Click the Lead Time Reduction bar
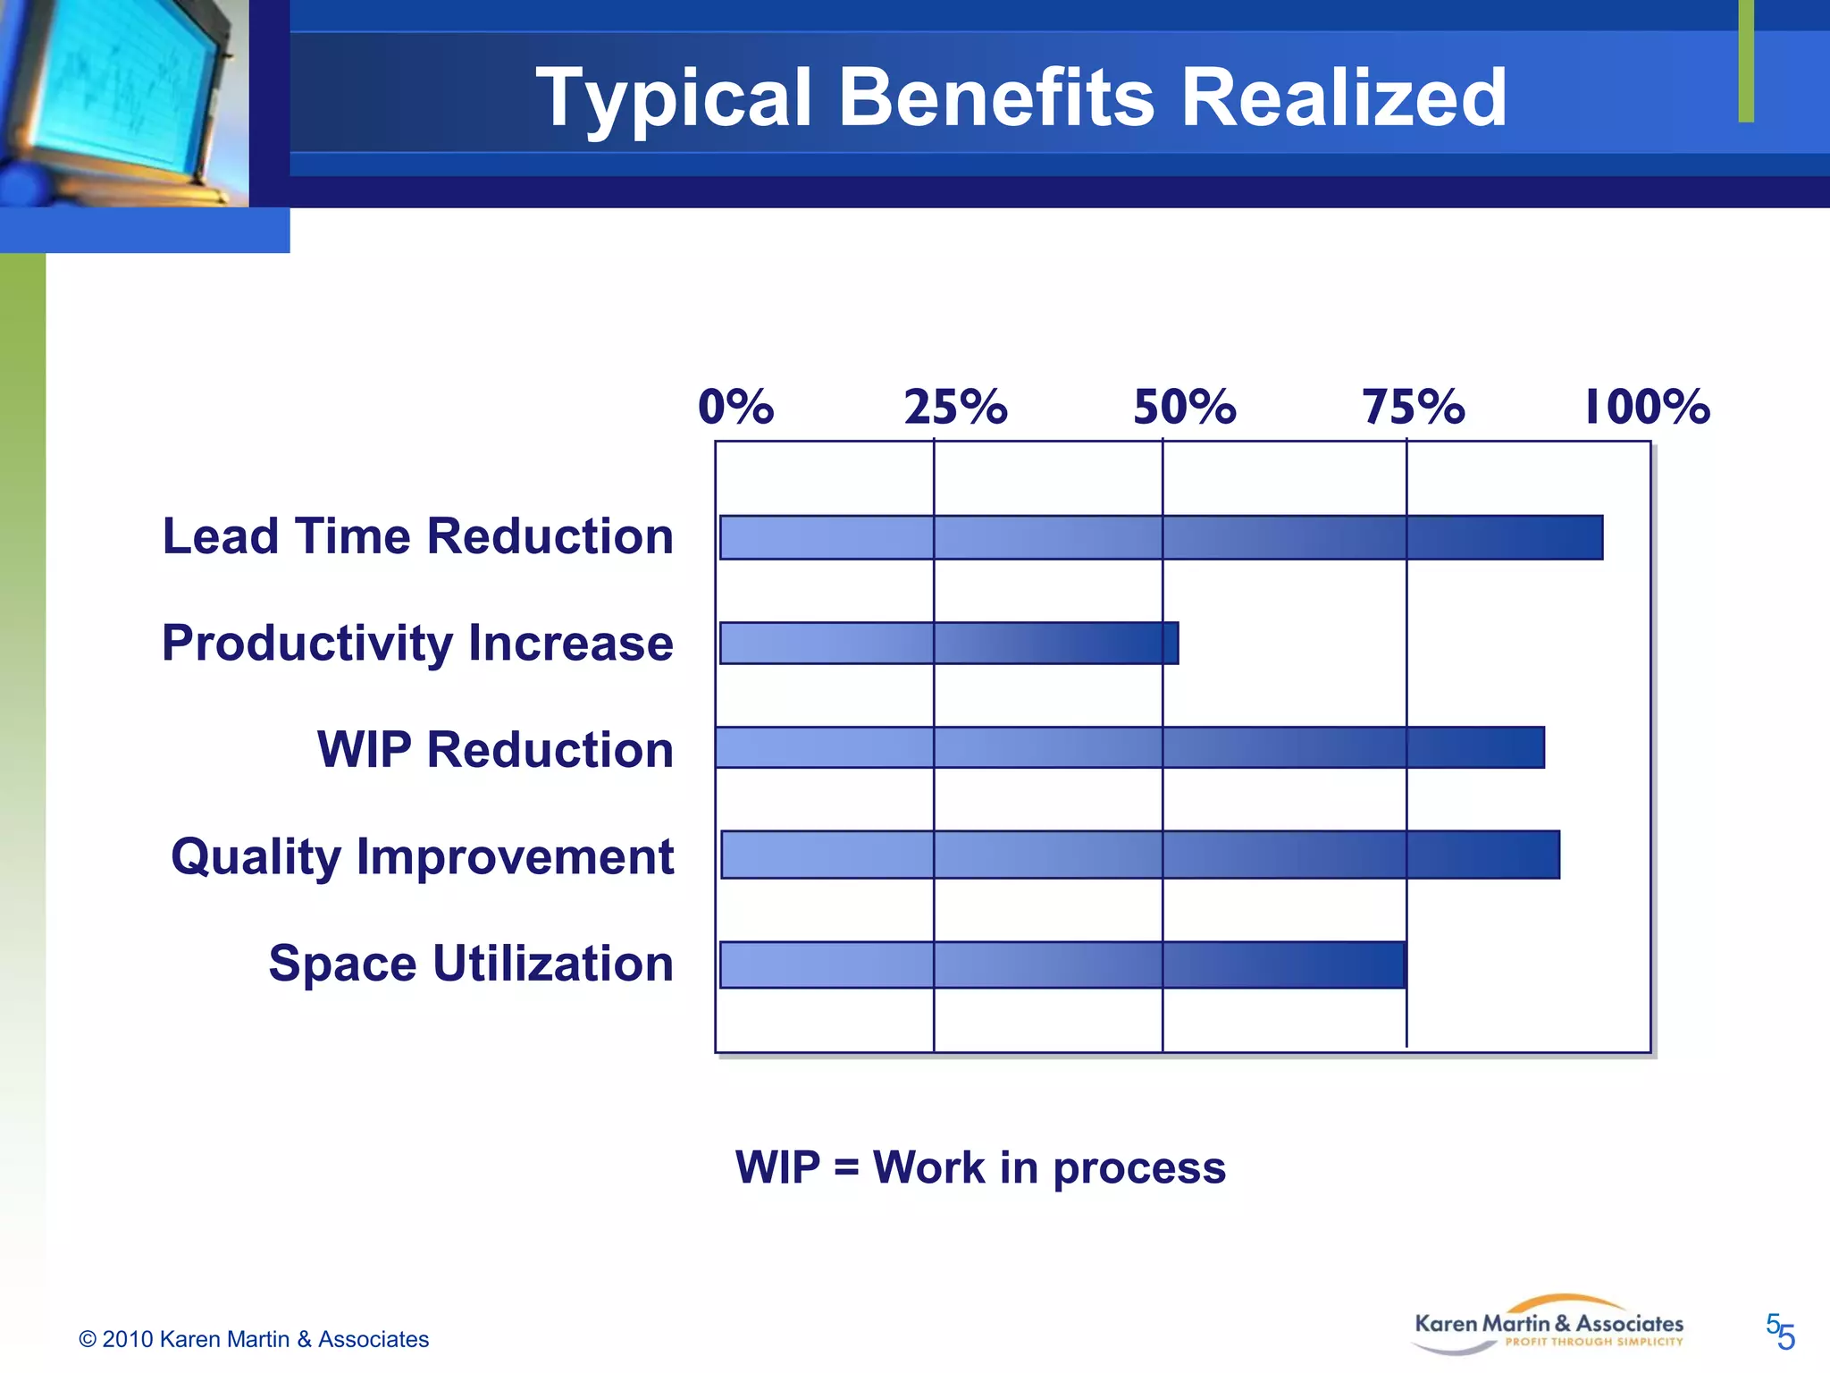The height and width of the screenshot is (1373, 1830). [x=1161, y=537]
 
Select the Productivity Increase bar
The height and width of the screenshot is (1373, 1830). [x=949, y=644]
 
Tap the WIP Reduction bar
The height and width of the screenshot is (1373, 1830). [x=1129, y=747]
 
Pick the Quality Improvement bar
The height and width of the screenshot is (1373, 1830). [x=1140, y=855]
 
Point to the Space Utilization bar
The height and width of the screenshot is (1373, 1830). [x=1062, y=964]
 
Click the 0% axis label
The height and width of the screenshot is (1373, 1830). [x=735, y=408]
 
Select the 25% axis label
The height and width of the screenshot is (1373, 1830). [x=955, y=408]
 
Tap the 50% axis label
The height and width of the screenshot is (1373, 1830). [x=1184, y=408]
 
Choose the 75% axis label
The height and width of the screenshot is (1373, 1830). [x=1413, y=408]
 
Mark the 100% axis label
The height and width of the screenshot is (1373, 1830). [x=1647, y=408]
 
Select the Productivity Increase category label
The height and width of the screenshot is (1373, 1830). [x=417, y=644]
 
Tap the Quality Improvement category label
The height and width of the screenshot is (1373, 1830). [x=422, y=857]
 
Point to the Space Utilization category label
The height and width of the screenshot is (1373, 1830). [x=471, y=964]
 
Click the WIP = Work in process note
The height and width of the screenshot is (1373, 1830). [x=980, y=1167]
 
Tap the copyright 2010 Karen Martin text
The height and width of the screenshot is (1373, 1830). [x=254, y=1339]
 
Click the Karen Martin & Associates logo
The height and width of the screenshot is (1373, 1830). [x=1548, y=1326]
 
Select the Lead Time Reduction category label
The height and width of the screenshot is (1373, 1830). [x=417, y=536]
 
